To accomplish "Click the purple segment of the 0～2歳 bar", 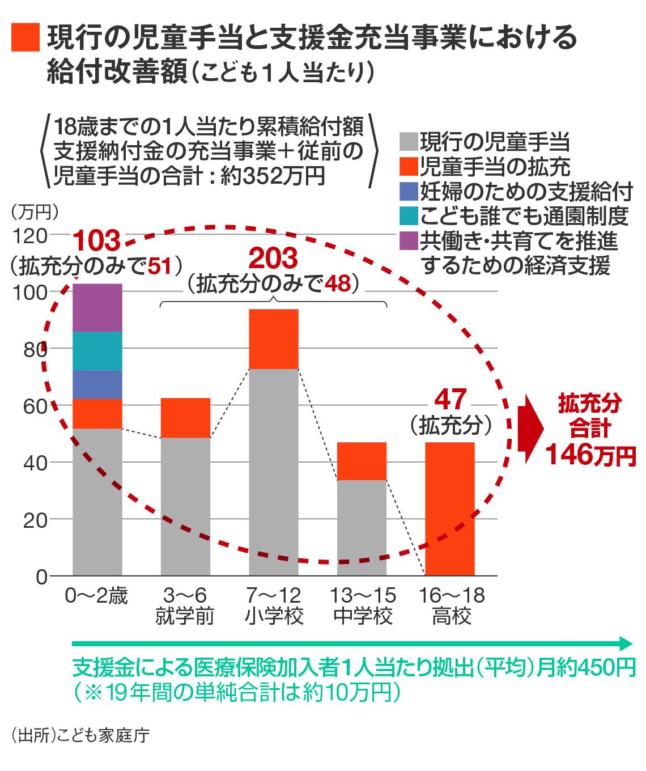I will [97, 307].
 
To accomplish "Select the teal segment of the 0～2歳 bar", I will [97, 351].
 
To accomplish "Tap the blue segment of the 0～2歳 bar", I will [97, 384].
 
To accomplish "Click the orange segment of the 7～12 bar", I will [274, 339].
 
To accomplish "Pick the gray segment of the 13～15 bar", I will [362, 527].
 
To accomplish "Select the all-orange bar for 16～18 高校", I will [450, 509].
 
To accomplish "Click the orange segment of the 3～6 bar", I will [185, 418].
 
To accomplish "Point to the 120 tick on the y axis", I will [34, 235].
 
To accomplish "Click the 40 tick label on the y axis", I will [34, 463].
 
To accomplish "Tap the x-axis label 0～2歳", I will [96, 596].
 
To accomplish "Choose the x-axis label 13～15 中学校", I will [363, 605].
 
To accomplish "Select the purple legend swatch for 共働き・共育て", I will [409, 240].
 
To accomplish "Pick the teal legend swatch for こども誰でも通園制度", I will [409, 215].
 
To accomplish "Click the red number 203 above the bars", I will [273, 259].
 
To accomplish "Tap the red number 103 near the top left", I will [97, 240].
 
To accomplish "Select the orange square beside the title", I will [25, 37].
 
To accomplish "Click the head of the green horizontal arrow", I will [626, 643].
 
